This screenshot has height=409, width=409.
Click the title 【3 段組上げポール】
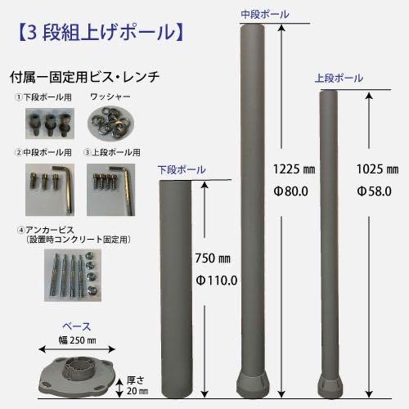[x=101, y=33]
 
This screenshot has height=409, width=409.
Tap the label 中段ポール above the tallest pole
[x=265, y=14]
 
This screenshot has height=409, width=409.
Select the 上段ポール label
[x=339, y=78]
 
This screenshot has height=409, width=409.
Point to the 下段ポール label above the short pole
[x=182, y=169]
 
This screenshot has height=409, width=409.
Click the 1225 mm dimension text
[x=294, y=169]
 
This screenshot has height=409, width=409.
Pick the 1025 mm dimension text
[x=378, y=169]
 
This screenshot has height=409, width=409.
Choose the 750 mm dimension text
[x=213, y=258]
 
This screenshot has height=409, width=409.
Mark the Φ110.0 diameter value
[x=217, y=281]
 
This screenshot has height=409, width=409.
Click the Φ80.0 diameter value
[x=291, y=191]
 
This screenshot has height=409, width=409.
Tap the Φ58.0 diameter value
[x=375, y=191]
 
